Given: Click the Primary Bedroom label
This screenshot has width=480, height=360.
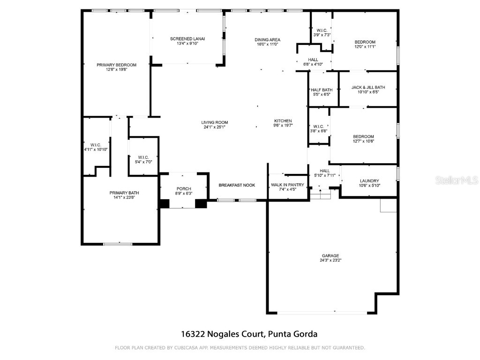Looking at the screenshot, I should pyautogui.click(x=116, y=65).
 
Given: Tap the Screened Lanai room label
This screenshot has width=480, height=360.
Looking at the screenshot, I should pyautogui.click(x=187, y=38).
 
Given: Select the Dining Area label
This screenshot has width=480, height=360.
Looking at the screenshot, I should pyautogui.click(x=267, y=39).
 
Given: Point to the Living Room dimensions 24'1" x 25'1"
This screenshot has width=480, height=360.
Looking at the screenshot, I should pyautogui.click(x=216, y=127).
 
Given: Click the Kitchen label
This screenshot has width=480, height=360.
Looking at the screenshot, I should pyautogui.click(x=283, y=121).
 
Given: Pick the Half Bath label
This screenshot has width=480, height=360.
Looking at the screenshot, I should pyautogui.click(x=321, y=90).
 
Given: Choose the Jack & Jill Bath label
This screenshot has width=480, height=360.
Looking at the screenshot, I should pyautogui.click(x=368, y=87).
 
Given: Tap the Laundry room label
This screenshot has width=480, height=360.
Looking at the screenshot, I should pyautogui.click(x=369, y=181).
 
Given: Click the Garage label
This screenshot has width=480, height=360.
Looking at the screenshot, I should pyautogui.click(x=330, y=255).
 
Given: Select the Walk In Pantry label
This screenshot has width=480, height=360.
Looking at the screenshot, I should pyautogui.click(x=287, y=185).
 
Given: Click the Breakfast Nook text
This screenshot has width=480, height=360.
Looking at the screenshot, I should pyautogui.click(x=237, y=185).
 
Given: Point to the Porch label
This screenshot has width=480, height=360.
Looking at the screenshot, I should pyautogui.click(x=183, y=188).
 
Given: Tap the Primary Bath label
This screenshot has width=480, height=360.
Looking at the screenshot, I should pyautogui.click(x=124, y=193).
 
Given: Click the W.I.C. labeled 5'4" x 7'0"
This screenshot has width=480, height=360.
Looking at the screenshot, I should pyautogui.click(x=143, y=157).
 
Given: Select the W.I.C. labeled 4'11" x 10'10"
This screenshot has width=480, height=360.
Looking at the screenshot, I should pyautogui.click(x=96, y=144).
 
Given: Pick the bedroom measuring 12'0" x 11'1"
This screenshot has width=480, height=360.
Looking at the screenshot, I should pyautogui.click(x=365, y=42).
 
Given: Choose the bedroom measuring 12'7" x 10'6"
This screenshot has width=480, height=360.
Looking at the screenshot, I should pyautogui.click(x=363, y=136).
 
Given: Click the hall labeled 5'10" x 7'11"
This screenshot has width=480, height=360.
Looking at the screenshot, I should pyautogui.click(x=324, y=171).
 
